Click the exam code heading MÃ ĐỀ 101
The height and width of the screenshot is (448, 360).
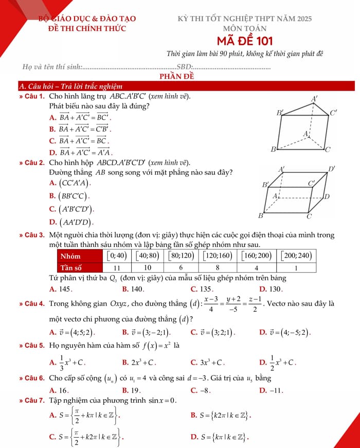pos(244,41)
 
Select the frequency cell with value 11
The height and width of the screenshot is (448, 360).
pos(117,267)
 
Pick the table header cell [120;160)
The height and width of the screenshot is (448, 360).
pos(218,255)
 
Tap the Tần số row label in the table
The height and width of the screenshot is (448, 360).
pos(71,267)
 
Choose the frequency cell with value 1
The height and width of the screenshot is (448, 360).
pos(297,267)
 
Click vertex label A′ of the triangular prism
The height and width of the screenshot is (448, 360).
pos(315,98)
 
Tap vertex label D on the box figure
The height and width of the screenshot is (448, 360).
pos(327,196)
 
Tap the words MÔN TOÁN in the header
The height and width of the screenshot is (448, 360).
pos(244,28)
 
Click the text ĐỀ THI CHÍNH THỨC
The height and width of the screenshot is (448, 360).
pos(87,28)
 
